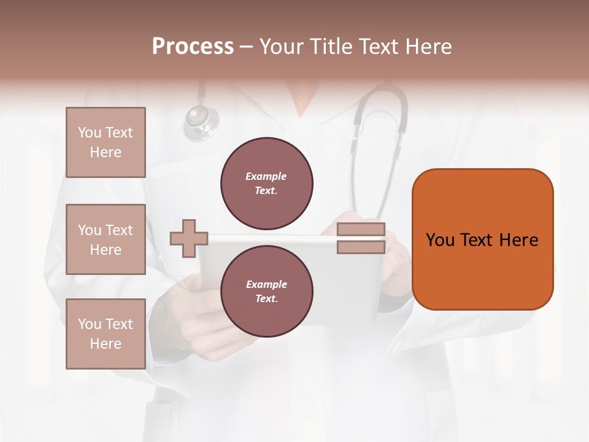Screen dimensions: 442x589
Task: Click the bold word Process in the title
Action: [193, 47]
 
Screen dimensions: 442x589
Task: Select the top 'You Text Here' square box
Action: [106, 142]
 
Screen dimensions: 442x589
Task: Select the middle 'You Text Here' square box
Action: [106, 239]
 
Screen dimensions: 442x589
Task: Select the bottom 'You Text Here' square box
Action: [106, 334]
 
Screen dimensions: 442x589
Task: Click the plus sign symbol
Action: [189, 239]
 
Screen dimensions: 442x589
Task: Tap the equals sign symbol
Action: [361, 238]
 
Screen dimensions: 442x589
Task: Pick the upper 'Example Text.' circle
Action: [266, 184]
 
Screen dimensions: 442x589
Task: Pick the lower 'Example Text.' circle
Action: [266, 292]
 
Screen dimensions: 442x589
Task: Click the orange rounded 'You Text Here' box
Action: [482, 239]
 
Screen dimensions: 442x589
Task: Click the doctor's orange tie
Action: [300, 98]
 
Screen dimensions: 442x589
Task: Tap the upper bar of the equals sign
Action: [361, 230]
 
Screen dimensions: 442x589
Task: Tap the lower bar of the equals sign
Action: [361, 247]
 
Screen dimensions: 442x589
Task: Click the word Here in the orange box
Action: [518, 240]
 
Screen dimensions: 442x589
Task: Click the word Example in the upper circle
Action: [266, 176]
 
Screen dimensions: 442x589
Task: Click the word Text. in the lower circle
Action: [266, 298]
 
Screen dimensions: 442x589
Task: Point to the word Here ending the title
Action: [427, 47]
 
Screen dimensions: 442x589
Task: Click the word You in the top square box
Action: [90, 133]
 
